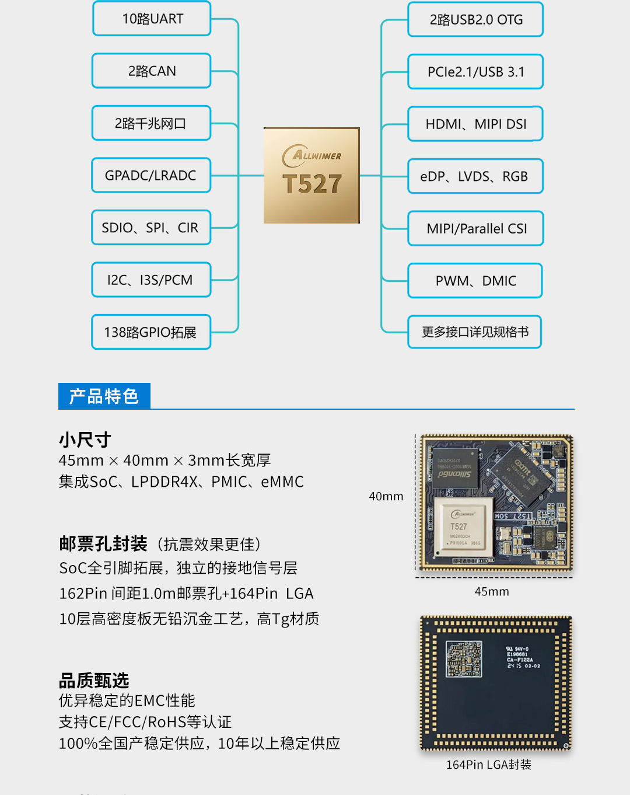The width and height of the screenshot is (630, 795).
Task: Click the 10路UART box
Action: pos(152,19)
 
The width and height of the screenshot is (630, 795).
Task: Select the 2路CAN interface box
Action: pos(152,71)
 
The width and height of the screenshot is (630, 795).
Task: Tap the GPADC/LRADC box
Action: pos(151,175)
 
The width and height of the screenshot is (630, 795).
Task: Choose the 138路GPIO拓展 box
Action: pos(151,332)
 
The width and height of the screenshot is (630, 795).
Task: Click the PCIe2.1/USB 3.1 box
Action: pos(475,72)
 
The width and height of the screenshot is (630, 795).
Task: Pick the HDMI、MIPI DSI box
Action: pos(475,124)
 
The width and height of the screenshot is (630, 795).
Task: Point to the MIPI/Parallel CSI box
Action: pos(475,228)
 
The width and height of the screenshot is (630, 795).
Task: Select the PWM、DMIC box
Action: pos(475,280)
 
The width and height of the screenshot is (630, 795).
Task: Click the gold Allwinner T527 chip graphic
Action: pos(311,176)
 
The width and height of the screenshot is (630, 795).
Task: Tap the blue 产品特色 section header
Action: pos(104,396)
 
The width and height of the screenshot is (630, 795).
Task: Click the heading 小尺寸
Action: pos(85,440)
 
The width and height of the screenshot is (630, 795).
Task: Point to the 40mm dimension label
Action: pos(386,496)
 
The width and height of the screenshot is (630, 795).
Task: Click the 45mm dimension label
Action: pos(492,591)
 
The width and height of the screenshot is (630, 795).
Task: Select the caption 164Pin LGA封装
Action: pos(489,764)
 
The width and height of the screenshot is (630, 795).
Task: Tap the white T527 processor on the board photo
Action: pos(463,527)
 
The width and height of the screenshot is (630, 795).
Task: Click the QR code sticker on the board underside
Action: pos(464,659)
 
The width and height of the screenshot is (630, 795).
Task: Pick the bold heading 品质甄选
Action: pos(94,680)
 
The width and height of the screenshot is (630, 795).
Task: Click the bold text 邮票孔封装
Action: pos(103,544)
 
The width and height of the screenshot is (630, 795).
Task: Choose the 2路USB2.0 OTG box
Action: pos(475,19)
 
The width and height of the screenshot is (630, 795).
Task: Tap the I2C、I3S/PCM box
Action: pos(151,280)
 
